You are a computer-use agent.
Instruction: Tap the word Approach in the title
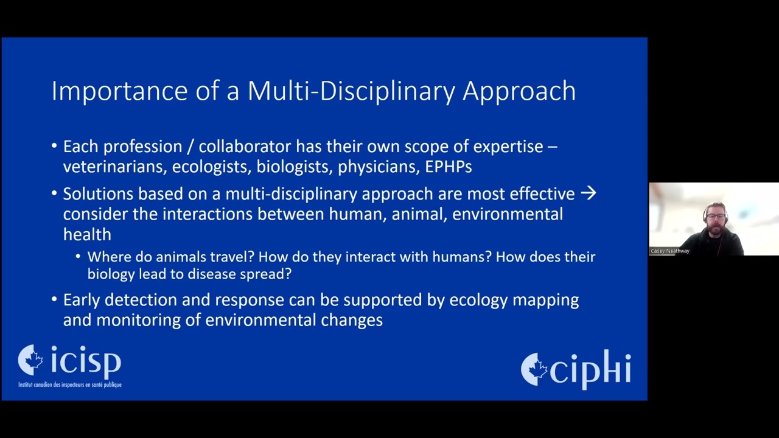(x=519, y=91)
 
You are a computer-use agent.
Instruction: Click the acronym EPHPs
(x=449, y=167)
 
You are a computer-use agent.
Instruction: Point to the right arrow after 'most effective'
(x=588, y=193)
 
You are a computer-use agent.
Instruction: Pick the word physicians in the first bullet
(x=377, y=167)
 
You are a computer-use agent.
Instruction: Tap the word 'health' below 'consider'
(x=87, y=234)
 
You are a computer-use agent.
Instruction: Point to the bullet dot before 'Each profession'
(x=54, y=147)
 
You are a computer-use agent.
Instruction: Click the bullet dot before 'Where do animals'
(x=79, y=257)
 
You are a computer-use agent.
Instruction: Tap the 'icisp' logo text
(x=86, y=362)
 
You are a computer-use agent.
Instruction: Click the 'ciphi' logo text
(x=590, y=369)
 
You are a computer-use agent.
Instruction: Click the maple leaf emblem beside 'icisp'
(x=31, y=361)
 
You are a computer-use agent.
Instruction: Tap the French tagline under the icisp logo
(x=70, y=384)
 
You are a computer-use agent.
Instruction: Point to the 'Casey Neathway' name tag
(x=670, y=251)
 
